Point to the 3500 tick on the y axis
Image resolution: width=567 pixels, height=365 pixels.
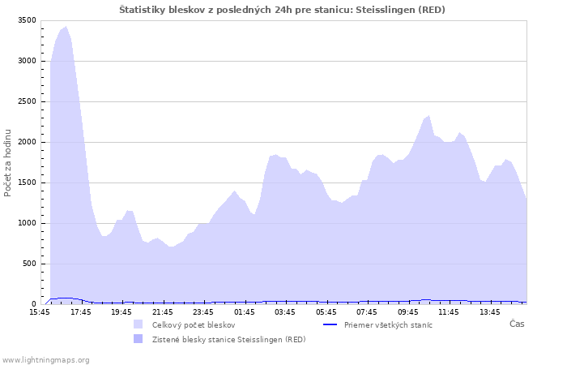(x=28, y=20)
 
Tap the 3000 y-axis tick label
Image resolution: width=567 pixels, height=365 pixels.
(x=28, y=61)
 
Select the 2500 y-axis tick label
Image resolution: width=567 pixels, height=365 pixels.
(x=28, y=101)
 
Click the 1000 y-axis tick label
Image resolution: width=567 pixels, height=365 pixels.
(x=28, y=223)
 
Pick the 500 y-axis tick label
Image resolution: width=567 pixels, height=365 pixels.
(x=30, y=264)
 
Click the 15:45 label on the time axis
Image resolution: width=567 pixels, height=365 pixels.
(x=40, y=311)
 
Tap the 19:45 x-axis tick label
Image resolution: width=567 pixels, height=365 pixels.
(x=122, y=311)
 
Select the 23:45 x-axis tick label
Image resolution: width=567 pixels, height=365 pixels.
(x=203, y=311)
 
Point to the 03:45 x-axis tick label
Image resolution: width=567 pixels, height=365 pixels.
(x=285, y=311)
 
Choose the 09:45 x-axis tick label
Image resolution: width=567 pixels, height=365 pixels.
(x=408, y=311)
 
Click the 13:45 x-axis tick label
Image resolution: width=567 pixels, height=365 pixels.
(x=490, y=311)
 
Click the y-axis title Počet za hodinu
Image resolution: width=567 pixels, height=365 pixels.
(x=8, y=162)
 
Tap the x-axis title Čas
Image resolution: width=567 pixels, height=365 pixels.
(x=517, y=324)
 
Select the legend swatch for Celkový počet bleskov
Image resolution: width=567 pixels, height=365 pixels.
(x=139, y=324)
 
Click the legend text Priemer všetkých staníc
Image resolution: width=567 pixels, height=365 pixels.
(x=388, y=324)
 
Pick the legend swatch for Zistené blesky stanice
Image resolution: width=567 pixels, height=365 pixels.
(x=139, y=339)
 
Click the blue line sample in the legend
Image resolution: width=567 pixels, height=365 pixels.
(x=330, y=324)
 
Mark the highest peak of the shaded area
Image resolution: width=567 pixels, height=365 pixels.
(x=66, y=27)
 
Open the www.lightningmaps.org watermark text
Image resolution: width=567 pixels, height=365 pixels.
(x=45, y=359)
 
